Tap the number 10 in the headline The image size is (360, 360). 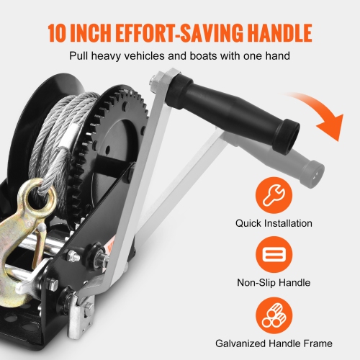[60, 33]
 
